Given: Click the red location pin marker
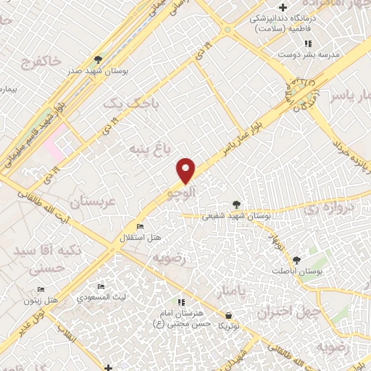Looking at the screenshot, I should click(x=187, y=170).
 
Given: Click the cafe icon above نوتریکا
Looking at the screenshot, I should click(x=229, y=316).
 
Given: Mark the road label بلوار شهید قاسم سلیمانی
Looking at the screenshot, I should click(x=32, y=133).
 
